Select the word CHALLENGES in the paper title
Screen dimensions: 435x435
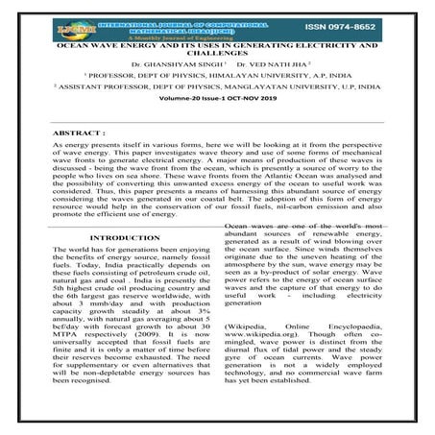[x=217, y=54]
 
